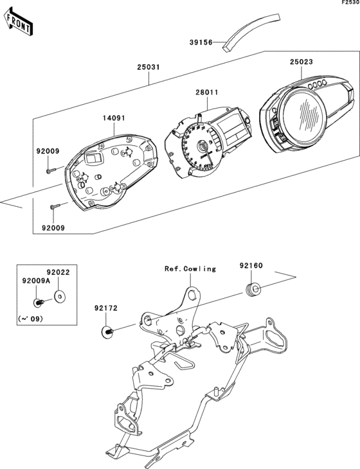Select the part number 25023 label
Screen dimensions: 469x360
click(301, 62)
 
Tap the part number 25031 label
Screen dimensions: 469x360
click(148, 67)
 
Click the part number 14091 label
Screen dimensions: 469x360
click(114, 118)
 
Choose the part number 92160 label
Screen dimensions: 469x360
click(251, 264)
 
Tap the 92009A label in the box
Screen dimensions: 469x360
click(34, 281)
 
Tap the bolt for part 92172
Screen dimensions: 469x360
click(107, 331)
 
